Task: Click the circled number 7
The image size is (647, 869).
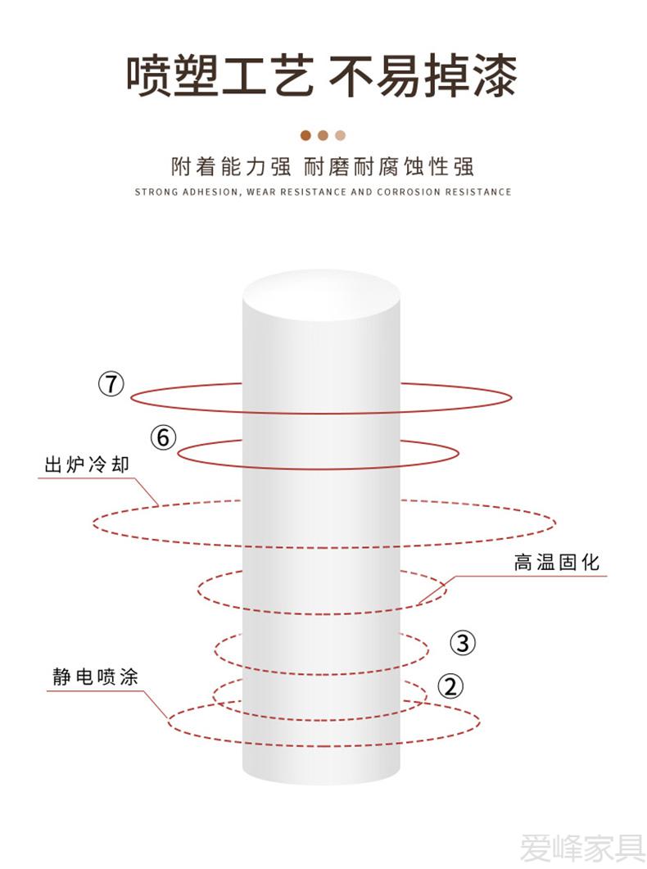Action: pyautogui.click(x=111, y=383)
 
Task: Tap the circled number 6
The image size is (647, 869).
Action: pyautogui.click(x=164, y=437)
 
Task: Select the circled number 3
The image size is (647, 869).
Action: pyautogui.click(x=463, y=643)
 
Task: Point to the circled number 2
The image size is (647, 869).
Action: pyautogui.click(x=451, y=686)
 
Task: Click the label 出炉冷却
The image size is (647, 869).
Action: pyautogui.click(x=87, y=464)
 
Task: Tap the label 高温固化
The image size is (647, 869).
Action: pyautogui.click(x=557, y=562)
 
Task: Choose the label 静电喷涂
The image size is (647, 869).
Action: pyautogui.click(x=95, y=677)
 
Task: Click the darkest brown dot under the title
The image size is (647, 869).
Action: pyautogui.click(x=305, y=135)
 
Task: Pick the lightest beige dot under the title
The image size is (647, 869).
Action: pyautogui.click(x=340, y=135)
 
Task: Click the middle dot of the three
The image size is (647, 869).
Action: pyautogui.click(x=323, y=135)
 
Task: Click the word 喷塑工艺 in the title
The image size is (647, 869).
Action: pyautogui.click(x=219, y=76)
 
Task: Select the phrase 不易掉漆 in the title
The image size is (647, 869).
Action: pyautogui.click(x=423, y=76)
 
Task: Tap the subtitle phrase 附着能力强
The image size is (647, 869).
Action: pyautogui.click(x=231, y=166)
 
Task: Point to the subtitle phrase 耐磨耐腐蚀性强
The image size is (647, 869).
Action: pyautogui.click(x=389, y=166)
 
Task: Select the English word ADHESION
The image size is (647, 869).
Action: pyautogui.click(x=211, y=192)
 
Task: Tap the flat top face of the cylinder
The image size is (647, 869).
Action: pyautogui.click(x=321, y=295)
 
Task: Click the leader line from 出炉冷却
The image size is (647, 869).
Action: pyautogui.click(x=98, y=480)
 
